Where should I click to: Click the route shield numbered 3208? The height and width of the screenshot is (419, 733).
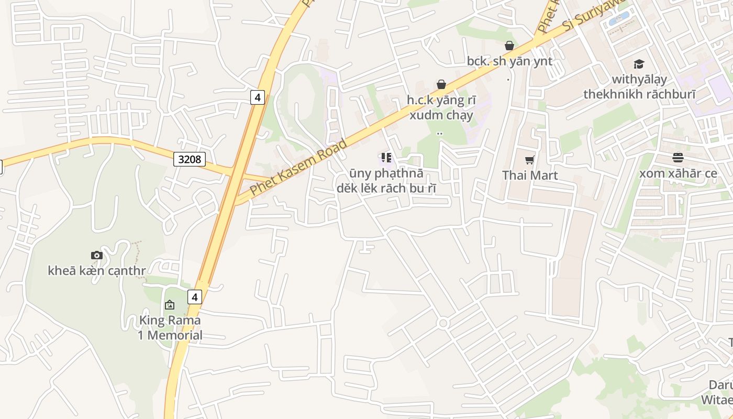pos(190,159)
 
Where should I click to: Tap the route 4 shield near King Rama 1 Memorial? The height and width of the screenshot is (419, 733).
pos(195,297)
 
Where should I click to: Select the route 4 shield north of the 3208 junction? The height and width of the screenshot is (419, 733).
pos(257,97)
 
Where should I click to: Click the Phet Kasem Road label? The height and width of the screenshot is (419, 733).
pos(298,167)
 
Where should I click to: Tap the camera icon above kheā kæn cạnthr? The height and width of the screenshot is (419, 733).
pos(97,255)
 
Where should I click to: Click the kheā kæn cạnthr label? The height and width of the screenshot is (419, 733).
pos(97,271)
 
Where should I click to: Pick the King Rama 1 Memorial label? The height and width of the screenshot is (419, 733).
pos(170,327)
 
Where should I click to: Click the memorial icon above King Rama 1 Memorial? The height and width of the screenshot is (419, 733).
pos(170,304)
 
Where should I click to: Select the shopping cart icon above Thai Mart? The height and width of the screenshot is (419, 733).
pos(530,160)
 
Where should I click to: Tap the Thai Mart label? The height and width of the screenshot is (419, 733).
pos(530,175)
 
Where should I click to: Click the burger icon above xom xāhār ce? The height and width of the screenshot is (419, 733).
pos(678,158)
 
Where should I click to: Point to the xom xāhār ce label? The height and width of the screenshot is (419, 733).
pos(678,173)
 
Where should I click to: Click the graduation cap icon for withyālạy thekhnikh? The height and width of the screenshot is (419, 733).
pos(639,64)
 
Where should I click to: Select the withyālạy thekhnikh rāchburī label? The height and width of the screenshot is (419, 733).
pos(639,87)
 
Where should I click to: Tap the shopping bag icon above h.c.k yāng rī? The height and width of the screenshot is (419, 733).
pos(441,84)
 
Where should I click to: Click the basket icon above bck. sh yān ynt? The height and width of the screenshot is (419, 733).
pos(509,46)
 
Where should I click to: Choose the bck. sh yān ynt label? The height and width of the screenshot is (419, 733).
pos(509,61)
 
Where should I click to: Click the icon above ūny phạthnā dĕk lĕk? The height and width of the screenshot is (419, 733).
pos(386,158)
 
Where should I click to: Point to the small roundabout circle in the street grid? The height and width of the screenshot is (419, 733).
pos(443,323)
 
